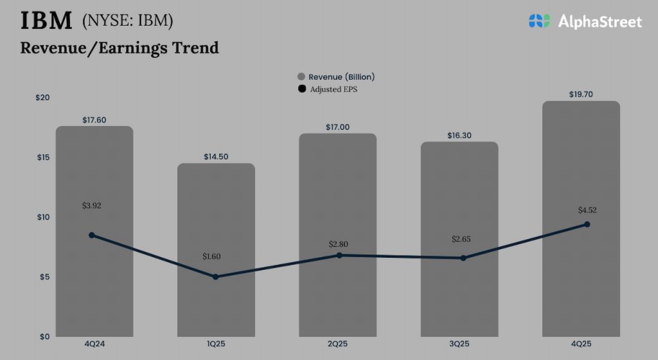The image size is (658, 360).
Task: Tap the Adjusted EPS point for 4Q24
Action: (92, 235)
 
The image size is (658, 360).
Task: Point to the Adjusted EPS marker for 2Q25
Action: (339, 255)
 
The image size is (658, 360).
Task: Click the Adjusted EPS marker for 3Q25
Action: (463, 258)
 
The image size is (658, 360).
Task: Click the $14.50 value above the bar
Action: (216, 157)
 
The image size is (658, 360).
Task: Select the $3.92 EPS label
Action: (92, 206)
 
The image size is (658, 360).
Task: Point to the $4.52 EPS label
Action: (588, 210)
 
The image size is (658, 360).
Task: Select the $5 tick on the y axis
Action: (44, 277)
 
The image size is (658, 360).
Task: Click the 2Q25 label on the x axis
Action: (338, 345)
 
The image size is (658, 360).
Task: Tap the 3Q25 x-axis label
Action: (459, 345)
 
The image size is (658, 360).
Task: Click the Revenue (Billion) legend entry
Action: (335, 76)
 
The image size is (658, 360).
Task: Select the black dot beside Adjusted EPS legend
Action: (302, 89)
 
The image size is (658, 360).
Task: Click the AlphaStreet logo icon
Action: (540, 21)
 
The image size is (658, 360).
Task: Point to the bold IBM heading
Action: (46, 21)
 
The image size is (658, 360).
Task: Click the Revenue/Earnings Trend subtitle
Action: (120, 48)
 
